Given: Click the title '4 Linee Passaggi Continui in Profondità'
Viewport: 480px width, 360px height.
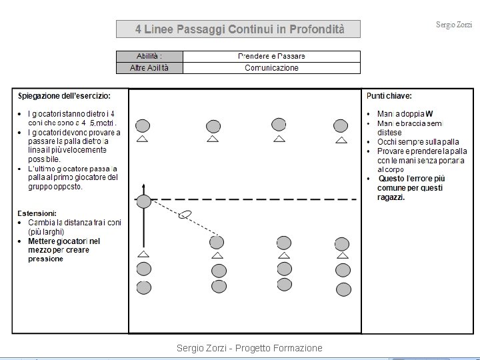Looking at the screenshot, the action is pyautogui.click(x=239, y=29).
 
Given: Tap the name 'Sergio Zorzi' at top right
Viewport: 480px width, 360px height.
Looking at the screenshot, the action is pyautogui.click(x=454, y=25).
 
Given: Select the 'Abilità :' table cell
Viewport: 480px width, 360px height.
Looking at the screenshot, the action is pyautogui.click(x=149, y=57).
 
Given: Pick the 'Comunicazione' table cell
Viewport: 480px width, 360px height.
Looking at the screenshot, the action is pyautogui.click(x=271, y=68).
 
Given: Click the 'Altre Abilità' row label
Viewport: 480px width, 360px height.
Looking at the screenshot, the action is pyautogui.click(x=149, y=68).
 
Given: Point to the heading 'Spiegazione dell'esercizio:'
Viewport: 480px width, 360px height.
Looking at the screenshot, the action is pyautogui.click(x=65, y=96).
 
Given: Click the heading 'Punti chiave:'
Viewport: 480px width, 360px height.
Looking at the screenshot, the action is pyautogui.click(x=389, y=96).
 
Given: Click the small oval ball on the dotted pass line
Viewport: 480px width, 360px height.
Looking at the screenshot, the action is pyautogui.click(x=186, y=214).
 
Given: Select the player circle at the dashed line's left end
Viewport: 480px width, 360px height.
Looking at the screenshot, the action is pyautogui.click(x=143, y=199).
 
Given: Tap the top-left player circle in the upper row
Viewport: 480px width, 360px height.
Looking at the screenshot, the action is pyautogui.click(x=142, y=125).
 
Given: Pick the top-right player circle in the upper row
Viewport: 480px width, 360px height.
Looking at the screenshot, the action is pyautogui.click(x=341, y=125).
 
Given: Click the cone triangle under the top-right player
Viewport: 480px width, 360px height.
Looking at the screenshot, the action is pyautogui.click(x=341, y=140).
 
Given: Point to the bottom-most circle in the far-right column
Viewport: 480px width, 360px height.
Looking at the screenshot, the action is pyautogui.click(x=343, y=289).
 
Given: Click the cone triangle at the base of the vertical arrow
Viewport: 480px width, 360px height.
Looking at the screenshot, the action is pyautogui.click(x=143, y=254).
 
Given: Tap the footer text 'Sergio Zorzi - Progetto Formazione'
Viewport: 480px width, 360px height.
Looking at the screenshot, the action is pyautogui.click(x=249, y=348).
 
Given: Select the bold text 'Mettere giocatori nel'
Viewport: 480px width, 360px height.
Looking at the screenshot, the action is pyautogui.click(x=64, y=241).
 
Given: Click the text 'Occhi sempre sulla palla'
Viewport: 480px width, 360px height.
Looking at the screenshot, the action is pyautogui.click(x=418, y=142).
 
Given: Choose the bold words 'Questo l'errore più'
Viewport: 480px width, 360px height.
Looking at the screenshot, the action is pyautogui.click(x=411, y=179).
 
